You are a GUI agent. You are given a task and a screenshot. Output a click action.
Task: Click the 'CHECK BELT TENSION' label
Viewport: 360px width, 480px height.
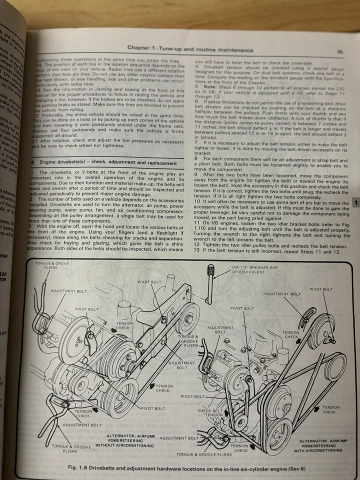point(210,412)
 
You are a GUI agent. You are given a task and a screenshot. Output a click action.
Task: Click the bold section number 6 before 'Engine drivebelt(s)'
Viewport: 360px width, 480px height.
point(32,163)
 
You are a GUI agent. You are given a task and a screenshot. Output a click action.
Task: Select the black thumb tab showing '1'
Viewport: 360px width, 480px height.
point(355,203)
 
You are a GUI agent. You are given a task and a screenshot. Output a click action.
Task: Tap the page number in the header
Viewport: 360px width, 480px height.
point(339,51)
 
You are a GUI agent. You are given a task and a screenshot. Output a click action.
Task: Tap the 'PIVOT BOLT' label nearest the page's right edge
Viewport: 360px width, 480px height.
point(320,289)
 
